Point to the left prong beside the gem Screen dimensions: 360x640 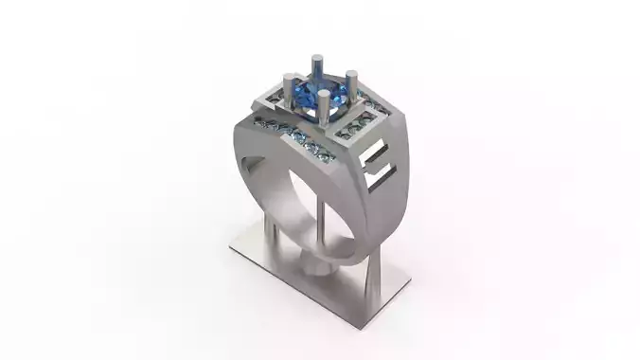coord(285,93)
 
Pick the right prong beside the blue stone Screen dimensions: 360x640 coord(351,87)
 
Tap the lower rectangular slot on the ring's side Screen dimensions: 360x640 coord(376,178)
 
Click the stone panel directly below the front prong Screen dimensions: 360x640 coord(358,127)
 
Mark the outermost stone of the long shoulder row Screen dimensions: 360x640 coord(257,121)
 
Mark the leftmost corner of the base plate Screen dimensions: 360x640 coord(231,247)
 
